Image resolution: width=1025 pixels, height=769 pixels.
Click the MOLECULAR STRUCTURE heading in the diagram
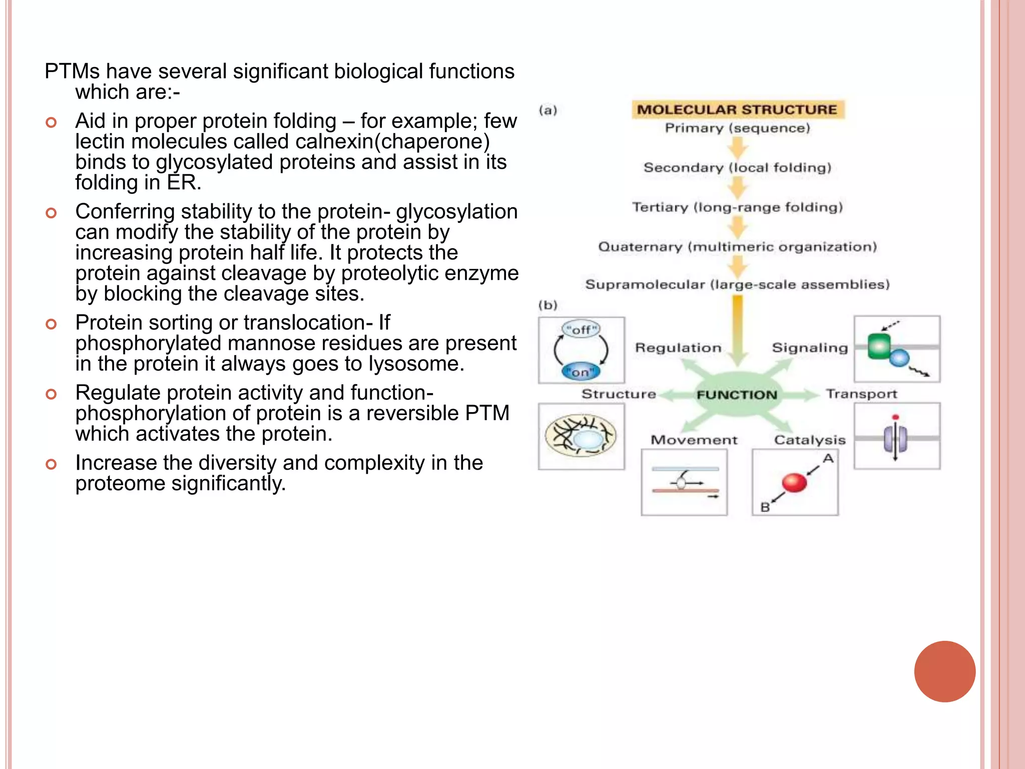point(737,110)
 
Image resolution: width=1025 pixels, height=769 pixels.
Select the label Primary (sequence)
point(737,128)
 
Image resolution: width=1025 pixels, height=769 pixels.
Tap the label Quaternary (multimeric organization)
point(737,247)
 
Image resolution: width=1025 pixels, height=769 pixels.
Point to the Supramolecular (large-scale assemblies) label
point(737,284)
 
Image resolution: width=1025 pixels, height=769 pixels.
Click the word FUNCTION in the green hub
point(737,395)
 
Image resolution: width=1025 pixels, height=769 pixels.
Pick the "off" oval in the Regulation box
point(581,329)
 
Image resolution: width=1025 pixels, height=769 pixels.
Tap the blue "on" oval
point(581,372)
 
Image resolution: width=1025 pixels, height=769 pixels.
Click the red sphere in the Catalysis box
point(794,483)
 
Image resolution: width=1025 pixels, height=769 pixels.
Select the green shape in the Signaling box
point(879,346)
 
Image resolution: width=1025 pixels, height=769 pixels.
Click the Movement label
point(694,440)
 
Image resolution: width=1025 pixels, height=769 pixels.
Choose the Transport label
point(861,394)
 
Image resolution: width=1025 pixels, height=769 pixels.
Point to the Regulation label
point(678,347)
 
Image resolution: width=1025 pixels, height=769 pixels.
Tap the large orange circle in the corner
point(944,671)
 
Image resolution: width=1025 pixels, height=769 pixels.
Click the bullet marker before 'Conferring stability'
point(51,213)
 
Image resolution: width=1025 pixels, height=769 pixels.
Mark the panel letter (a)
point(548,110)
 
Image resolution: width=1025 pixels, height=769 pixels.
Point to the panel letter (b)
point(548,305)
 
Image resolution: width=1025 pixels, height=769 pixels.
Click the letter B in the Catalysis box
point(765,507)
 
